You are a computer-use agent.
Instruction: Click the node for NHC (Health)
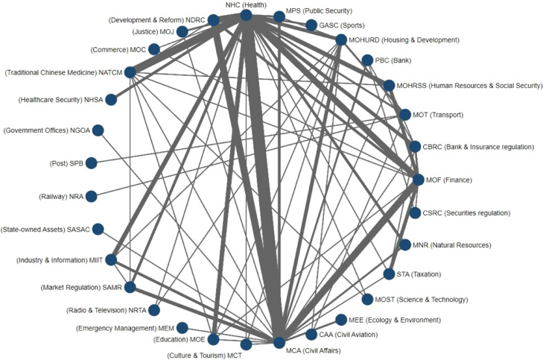(x=247, y=15)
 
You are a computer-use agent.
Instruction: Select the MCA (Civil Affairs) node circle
(x=279, y=343)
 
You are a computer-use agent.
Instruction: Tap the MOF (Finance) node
(x=419, y=180)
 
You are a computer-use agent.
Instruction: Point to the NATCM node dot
(x=130, y=72)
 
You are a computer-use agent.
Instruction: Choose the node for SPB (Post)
(x=91, y=162)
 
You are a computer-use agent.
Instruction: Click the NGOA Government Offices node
(x=98, y=130)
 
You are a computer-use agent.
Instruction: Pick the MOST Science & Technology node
(x=367, y=300)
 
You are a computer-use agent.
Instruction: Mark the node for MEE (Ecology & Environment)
(x=341, y=320)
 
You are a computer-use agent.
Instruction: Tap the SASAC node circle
(x=98, y=229)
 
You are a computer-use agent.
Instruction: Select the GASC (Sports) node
(x=311, y=25)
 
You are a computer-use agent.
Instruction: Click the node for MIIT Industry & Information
(x=111, y=259)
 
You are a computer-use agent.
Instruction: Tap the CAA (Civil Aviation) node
(x=312, y=335)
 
